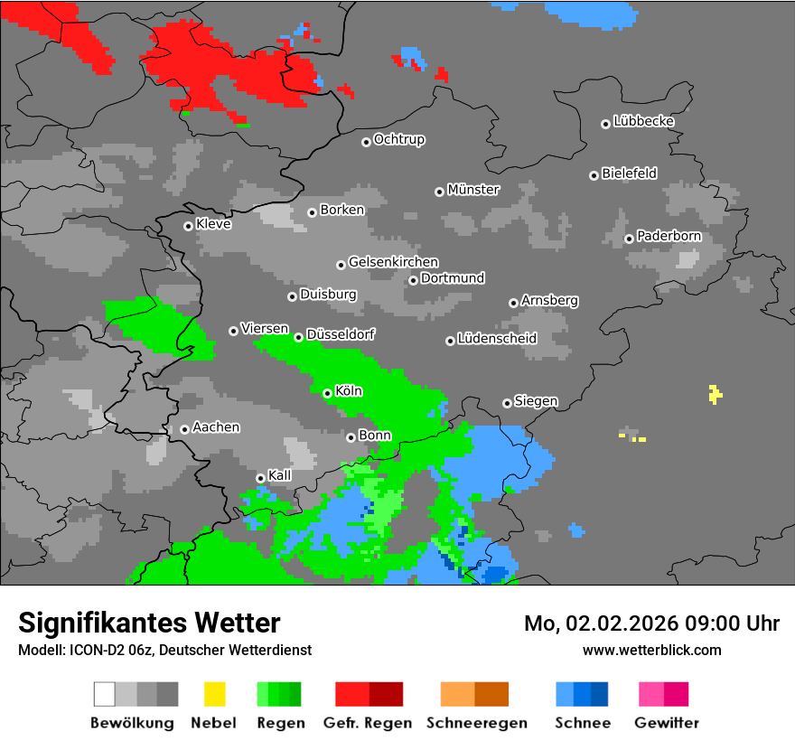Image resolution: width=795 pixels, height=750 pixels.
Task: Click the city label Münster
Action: pos(473,190)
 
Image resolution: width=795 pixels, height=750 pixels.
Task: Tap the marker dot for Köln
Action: pos(327,393)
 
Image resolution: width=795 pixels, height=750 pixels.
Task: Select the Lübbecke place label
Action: pos(643,121)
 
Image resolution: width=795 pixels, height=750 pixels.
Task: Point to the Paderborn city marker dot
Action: pos(629,239)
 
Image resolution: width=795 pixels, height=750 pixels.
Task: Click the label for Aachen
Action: pos(216,427)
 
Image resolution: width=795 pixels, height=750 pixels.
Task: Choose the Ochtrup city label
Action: pos(398,140)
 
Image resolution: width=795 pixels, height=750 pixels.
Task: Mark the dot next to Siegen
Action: pos(507,403)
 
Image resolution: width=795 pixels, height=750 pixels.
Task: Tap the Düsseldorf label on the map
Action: pos(341,334)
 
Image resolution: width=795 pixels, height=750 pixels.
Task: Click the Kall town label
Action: pos(280,475)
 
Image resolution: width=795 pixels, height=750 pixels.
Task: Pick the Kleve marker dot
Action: pos(188,226)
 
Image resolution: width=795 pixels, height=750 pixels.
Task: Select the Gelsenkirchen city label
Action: pos(393,263)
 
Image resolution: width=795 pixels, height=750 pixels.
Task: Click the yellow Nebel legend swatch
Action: pos(214,694)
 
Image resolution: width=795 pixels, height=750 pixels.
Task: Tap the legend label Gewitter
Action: pos(666,723)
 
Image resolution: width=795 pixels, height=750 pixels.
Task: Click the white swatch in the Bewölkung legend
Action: pos(104,694)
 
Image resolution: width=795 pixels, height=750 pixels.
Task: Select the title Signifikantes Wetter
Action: pos(149,623)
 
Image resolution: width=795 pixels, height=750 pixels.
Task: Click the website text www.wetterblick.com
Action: pos(651,650)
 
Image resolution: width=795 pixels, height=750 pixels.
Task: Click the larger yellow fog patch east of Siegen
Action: pos(715,394)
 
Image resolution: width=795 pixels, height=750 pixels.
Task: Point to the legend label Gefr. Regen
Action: pos(368,723)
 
